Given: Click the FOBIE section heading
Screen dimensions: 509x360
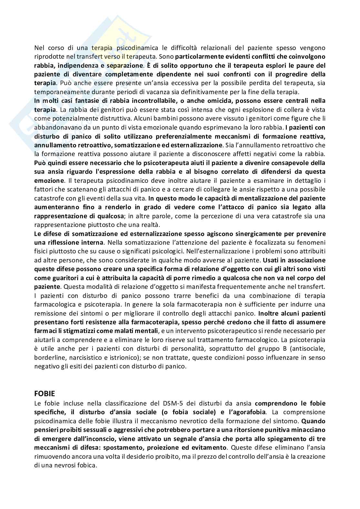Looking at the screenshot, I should (x=45, y=394).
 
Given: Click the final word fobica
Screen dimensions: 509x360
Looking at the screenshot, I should (x=87, y=465).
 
